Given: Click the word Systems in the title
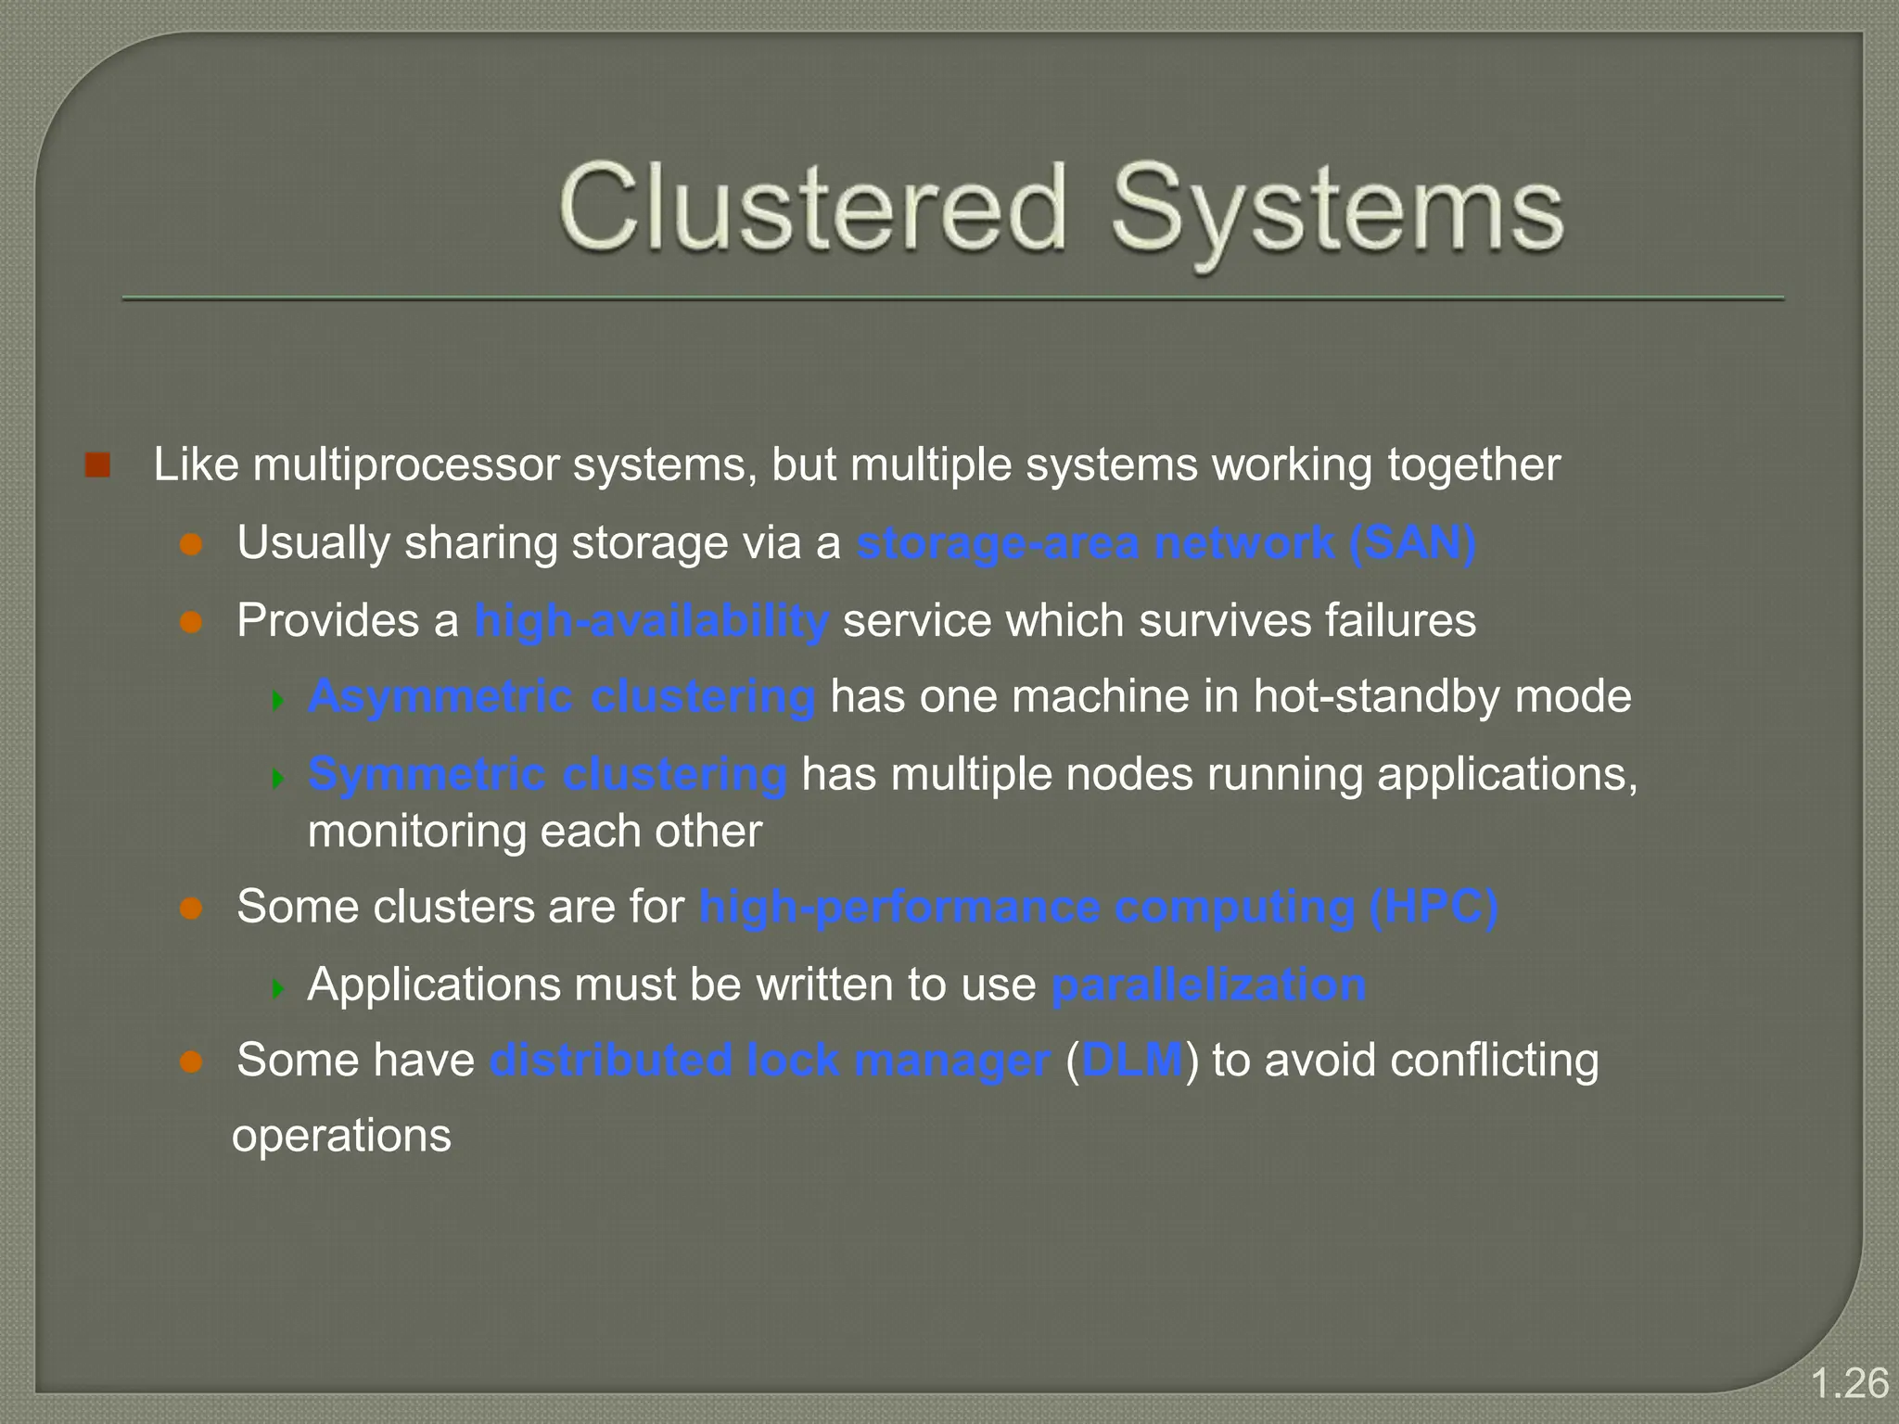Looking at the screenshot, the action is (x=1337, y=211).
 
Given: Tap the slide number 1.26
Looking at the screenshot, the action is (x=1849, y=1383).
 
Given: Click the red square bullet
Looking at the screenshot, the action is (x=97, y=465).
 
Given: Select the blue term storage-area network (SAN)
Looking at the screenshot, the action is (x=1166, y=543).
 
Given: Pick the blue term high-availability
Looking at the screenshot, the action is (x=651, y=620).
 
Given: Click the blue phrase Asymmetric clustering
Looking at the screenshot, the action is (x=562, y=696).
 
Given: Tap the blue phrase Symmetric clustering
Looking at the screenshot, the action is (x=547, y=774).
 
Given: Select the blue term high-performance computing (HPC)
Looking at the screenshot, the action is (x=1098, y=907).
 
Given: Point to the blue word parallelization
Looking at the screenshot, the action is (x=1208, y=985).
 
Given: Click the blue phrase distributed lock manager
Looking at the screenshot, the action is (x=770, y=1061).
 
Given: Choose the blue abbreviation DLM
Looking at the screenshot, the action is (x=1132, y=1061).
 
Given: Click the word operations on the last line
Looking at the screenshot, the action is (x=341, y=1137).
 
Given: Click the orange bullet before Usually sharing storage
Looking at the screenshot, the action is (x=191, y=544).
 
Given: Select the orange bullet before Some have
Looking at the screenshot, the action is (x=191, y=1062).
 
